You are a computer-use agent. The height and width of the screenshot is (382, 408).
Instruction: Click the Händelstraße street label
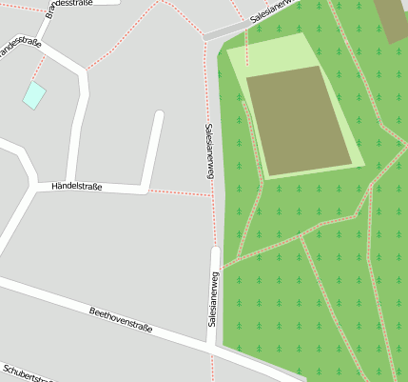pyautogui.click(x=77, y=186)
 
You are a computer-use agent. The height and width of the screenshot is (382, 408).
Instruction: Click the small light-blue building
pyautogui.click(x=34, y=94)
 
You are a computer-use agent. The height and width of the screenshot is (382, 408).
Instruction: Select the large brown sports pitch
pyautogui.click(x=299, y=120)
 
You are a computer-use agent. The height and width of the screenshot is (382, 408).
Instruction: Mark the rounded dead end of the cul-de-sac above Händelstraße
pyautogui.click(x=159, y=116)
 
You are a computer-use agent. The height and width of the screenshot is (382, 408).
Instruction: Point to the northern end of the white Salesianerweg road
pyautogui.click(x=215, y=252)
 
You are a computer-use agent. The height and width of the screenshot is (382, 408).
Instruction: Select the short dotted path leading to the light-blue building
pyautogui.click(x=37, y=69)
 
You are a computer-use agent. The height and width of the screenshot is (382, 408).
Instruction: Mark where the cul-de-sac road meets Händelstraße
pyautogui.click(x=144, y=188)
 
